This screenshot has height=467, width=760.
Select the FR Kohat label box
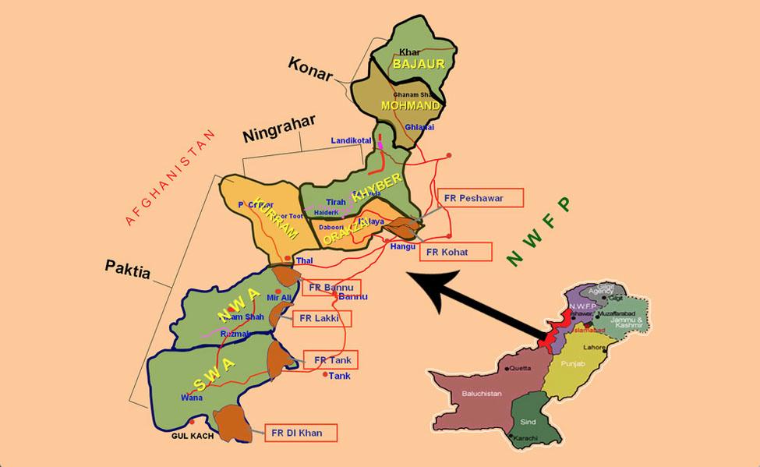pyautogui.click(x=456, y=252)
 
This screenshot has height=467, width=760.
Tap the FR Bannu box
pyautogui.click(x=330, y=288)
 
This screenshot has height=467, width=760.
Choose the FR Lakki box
pyautogui.click(x=321, y=318)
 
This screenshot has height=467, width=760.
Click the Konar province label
pyautogui.click(x=309, y=66)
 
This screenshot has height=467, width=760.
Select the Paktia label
pyautogui.click(x=127, y=267)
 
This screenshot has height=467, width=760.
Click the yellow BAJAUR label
pyautogui.click(x=419, y=65)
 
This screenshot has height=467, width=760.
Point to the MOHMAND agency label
pyautogui.click(x=410, y=105)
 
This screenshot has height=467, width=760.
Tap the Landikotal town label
pyautogui.click(x=352, y=141)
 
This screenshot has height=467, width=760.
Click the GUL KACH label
pyautogui.click(x=192, y=436)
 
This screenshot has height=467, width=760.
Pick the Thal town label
pyautogui.click(x=304, y=262)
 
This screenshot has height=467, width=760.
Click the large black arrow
pyautogui.click(x=475, y=305)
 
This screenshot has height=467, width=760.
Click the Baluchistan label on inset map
pyautogui.click(x=481, y=394)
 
